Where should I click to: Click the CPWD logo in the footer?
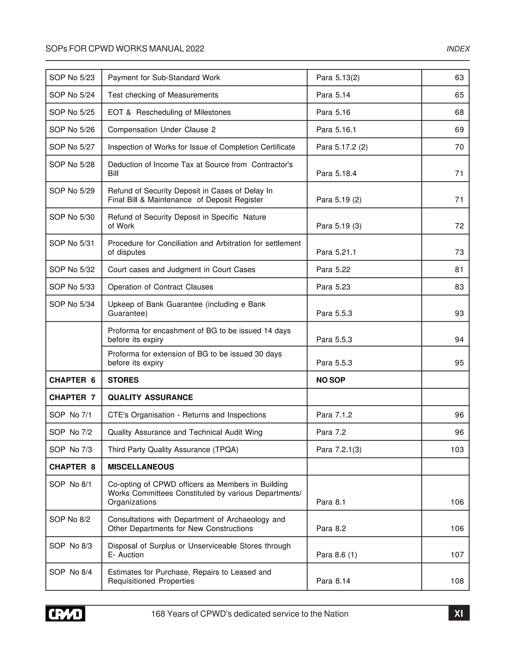65,613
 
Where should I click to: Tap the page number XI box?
459,613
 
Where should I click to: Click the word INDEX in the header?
458,49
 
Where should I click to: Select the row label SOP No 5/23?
72,78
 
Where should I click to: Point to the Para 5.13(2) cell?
338,78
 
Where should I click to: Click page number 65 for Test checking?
459,95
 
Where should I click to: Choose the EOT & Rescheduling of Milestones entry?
169,113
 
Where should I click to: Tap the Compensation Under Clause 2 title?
161,130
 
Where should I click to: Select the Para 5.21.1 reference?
336,252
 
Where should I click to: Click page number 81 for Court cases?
459,270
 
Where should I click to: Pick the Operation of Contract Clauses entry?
160,287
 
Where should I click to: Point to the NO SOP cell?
330,380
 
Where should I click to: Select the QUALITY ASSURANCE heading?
150,397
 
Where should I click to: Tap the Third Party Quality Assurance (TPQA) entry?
173,450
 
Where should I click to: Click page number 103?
457,450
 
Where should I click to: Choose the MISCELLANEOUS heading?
141,467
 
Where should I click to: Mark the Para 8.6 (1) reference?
336,555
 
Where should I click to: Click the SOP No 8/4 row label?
70,572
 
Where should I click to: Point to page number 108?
457,581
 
